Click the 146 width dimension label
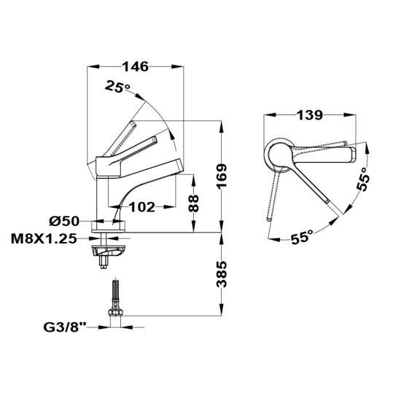coord(136,67)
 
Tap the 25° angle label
coord(117,87)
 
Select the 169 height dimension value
coord(222,176)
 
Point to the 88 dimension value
coord(193,203)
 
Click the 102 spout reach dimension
coord(142,207)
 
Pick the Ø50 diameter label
coord(64,221)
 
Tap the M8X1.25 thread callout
coord(44,239)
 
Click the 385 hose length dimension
coord(222,274)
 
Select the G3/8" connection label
coord(65,327)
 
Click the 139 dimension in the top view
coord(309,115)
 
